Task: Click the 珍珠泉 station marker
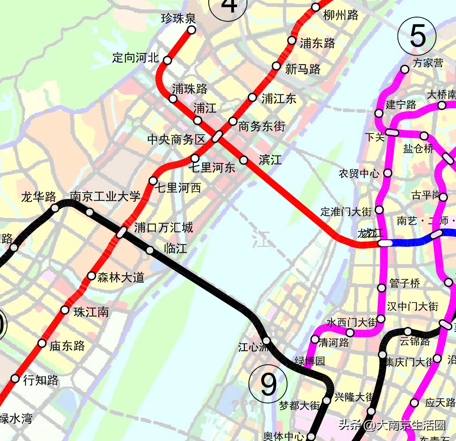pyautogui.click(x=192, y=30)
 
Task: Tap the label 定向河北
pyautogui.click(x=135, y=57)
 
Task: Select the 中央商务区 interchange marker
pyautogui.click(x=217, y=137)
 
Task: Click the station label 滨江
pyautogui.click(x=270, y=160)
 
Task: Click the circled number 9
pyautogui.click(x=268, y=384)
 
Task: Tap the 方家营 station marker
pyautogui.click(x=405, y=69)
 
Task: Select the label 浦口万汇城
pyautogui.click(x=164, y=227)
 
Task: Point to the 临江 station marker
pyautogui.click(x=150, y=250)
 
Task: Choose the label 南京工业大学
pyautogui.click(x=105, y=196)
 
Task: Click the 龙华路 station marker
pyautogui.click(x=55, y=208)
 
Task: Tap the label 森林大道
pyautogui.click(x=121, y=277)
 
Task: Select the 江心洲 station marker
pyautogui.click(x=267, y=340)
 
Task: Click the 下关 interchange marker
pyautogui.click(x=392, y=132)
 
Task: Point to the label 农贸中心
pyautogui.click(x=359, y=173)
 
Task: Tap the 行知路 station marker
pyautogui.click(x=15, y=378)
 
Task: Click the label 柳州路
pyautogui.click(x=341, y=15)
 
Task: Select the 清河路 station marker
pyautogui.click(x=315, y=339)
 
